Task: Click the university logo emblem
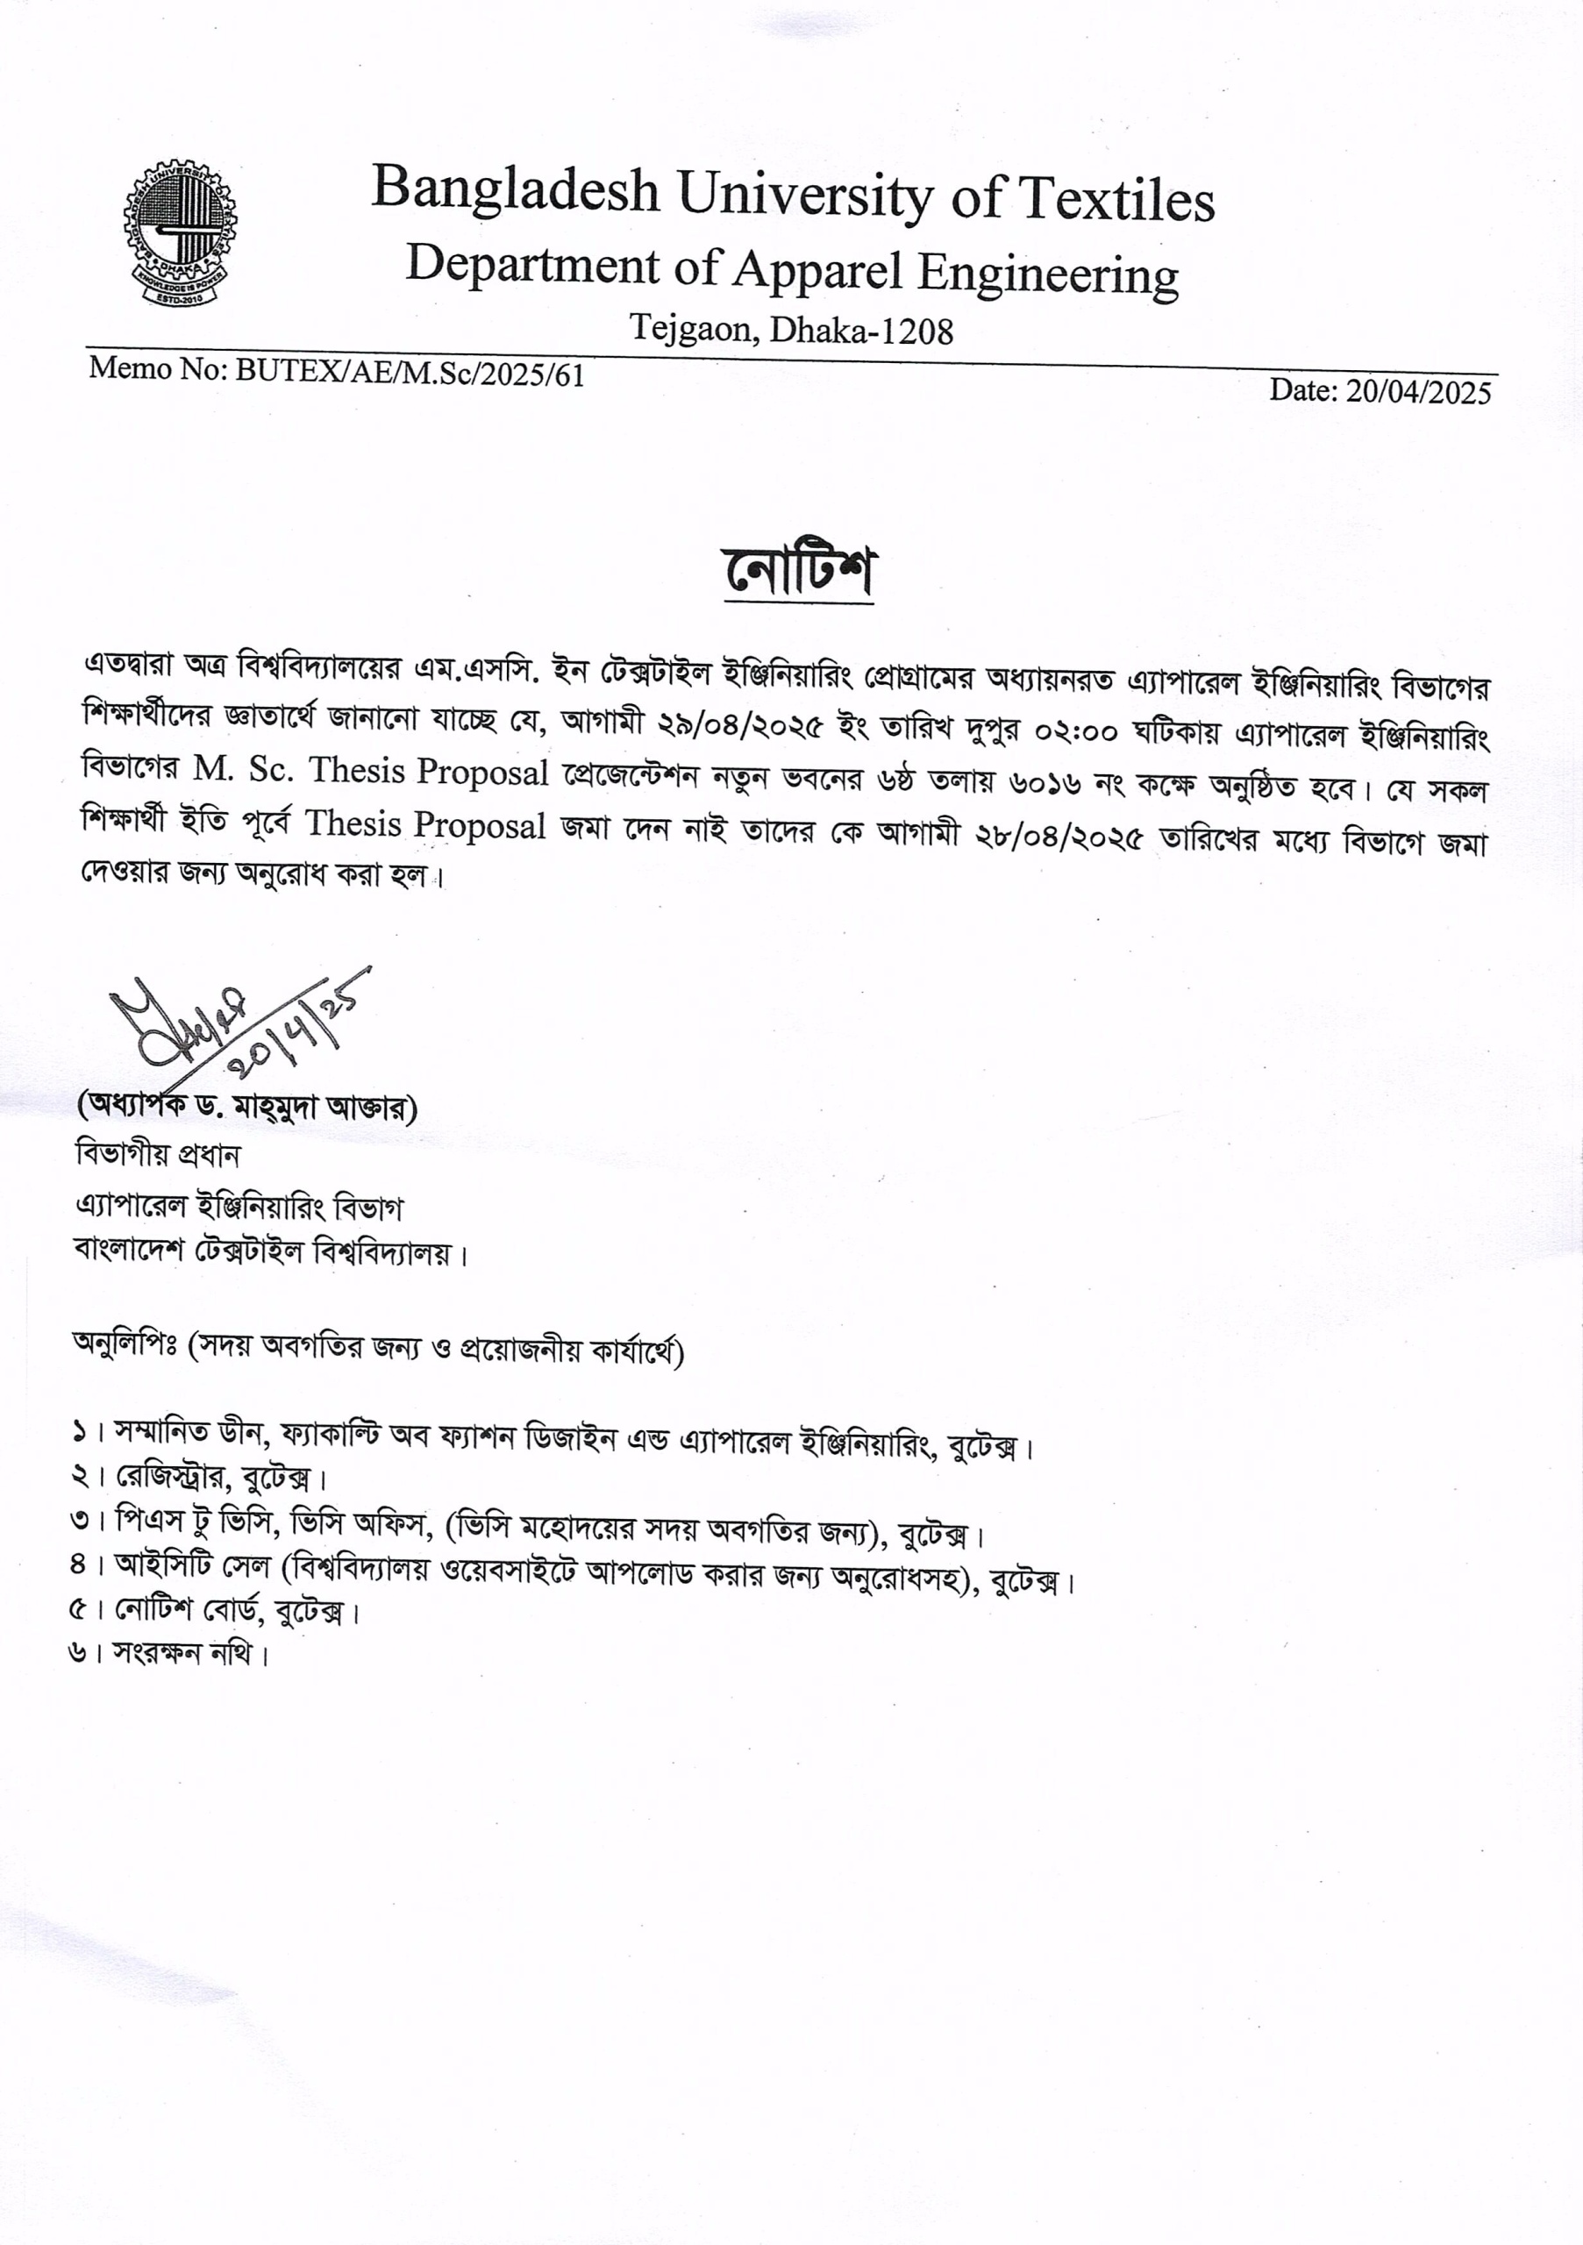(x=180, y=231)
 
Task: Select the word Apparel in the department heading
(x=817, y=269)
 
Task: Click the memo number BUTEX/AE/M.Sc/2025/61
(x=410, y=373)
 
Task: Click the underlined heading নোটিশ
(x=798, y=572)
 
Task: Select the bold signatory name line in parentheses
(x=247, y=1107)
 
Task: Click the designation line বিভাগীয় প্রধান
(x=157, y=1155)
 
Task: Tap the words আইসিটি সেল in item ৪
(x=192, y=1566)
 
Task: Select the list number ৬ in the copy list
(x=78, y=1653)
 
